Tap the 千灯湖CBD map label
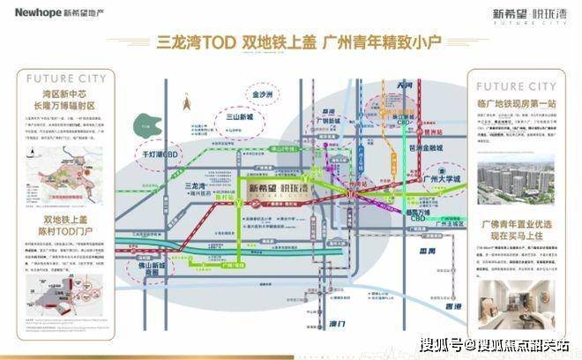(x=161, y=176)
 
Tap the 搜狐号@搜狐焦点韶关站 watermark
(x=494, y=343)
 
